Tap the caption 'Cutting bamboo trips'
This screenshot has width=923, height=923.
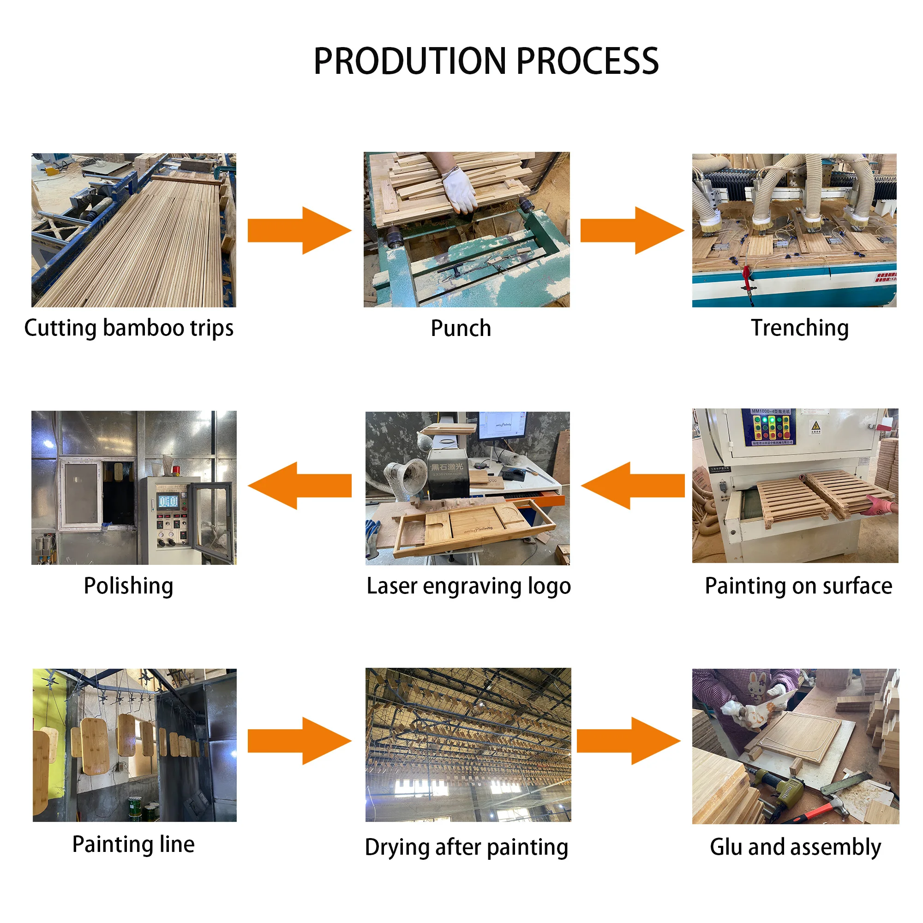tap(129, 328)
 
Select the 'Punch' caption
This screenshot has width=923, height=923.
tap(461, 329)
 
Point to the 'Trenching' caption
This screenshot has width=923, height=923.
tap(800, 328)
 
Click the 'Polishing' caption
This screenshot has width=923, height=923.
tap(128, 586)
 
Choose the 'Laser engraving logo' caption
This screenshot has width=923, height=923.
tap(468, 586)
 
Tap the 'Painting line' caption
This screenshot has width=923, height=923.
tap(133, 844)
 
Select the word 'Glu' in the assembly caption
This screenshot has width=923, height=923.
tap(725, 847)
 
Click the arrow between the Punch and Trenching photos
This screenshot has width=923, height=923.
tap(632, 230)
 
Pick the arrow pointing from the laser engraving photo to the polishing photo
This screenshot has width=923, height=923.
tap(300, 485)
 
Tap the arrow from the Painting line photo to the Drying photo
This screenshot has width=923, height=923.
tap(300, 741)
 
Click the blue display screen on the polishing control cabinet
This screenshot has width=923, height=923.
tap(168, 502)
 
